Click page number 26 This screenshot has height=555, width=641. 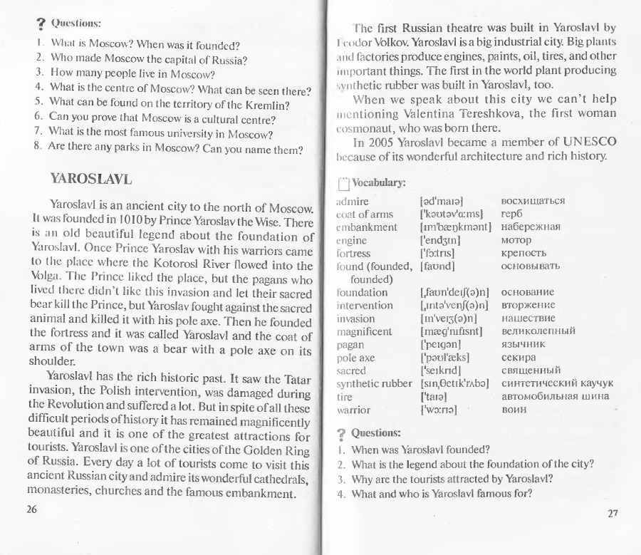pos(31,510)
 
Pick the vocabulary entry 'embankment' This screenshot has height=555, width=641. pos(366,227)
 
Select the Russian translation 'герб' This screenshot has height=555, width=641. pos(512,214)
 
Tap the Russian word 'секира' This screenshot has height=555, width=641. pos(521,357)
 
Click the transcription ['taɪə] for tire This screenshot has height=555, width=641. pos(434,396)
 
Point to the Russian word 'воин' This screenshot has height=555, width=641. pos(514,409)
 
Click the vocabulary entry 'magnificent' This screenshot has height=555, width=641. pos(363,331)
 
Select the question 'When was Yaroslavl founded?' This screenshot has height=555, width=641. pos(420,450)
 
